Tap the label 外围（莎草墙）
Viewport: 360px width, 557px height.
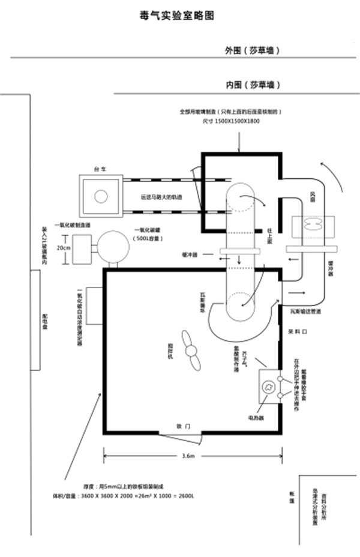coord(253,50)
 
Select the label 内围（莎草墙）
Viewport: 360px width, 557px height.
coord(253,85)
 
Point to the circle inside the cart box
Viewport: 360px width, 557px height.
coord(101,196)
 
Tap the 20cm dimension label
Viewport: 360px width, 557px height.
coord(64,247)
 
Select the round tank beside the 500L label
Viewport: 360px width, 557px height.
coord(114,246)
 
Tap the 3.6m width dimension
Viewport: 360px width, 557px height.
coord(188,457)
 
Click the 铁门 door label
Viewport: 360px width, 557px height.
coord(184,426)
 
